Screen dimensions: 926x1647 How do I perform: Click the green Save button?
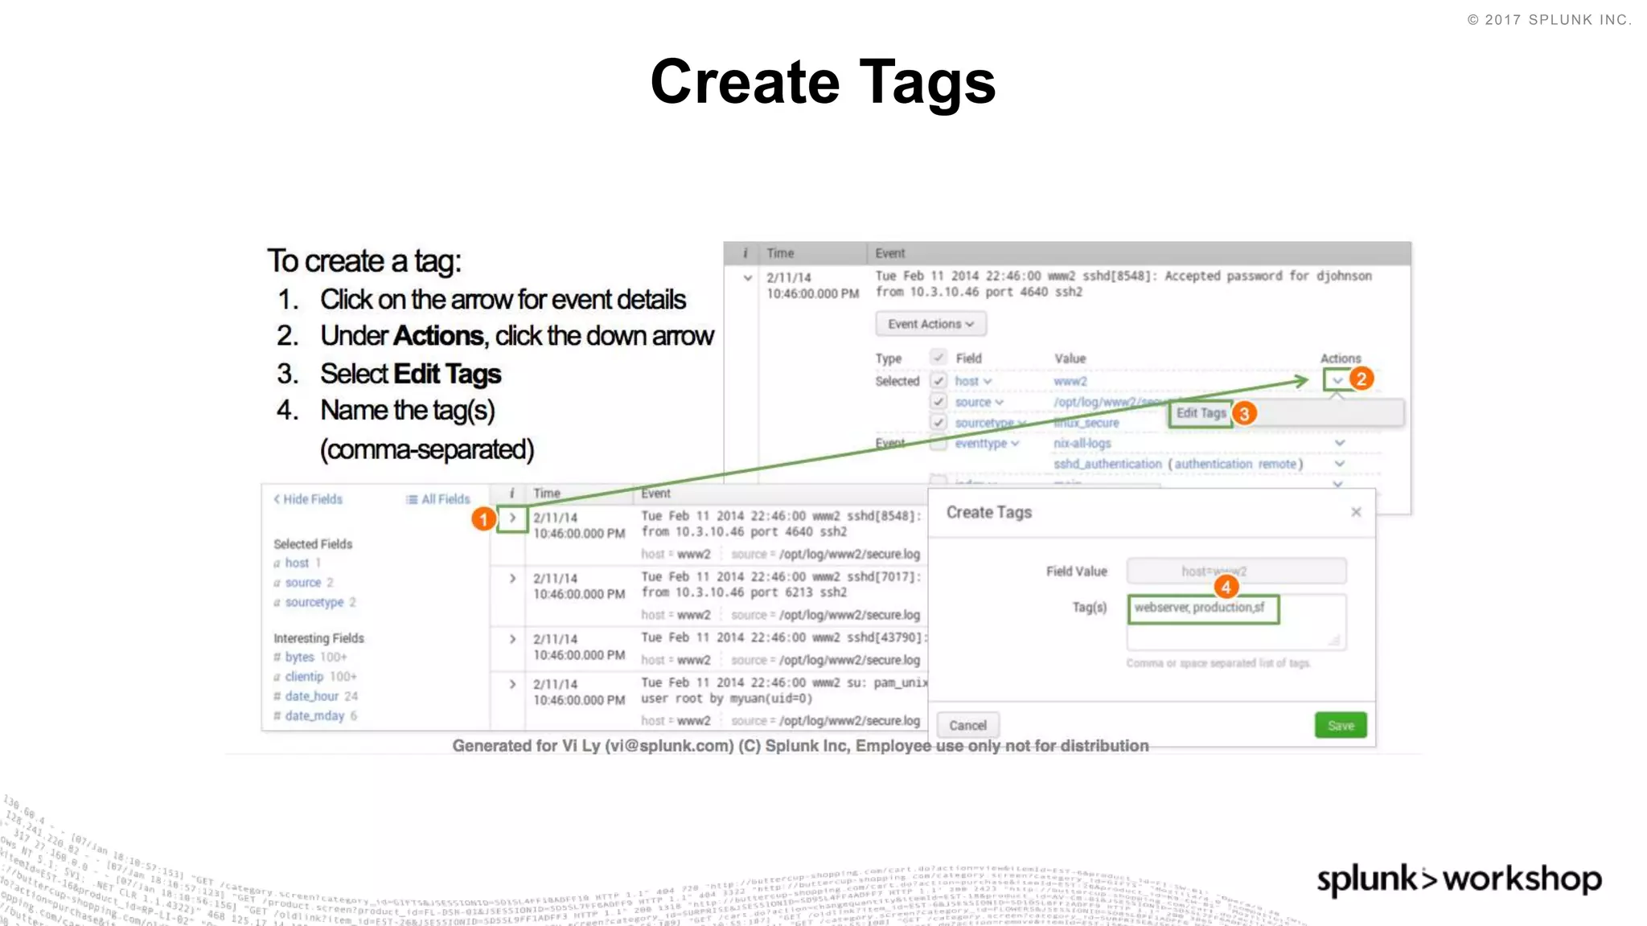1340,725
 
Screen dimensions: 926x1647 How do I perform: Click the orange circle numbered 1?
483,518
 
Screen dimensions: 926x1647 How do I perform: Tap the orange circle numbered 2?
1362,379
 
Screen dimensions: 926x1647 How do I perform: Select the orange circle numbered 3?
1244,413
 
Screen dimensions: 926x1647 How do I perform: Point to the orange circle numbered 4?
1226,587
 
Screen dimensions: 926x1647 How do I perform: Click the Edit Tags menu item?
1201,413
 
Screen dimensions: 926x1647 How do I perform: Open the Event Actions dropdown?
930,324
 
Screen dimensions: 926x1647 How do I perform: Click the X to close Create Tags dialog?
1356,512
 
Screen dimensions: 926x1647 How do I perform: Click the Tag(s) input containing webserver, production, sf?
1202,608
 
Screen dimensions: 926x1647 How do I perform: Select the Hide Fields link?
308,499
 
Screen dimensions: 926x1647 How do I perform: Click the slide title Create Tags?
823,82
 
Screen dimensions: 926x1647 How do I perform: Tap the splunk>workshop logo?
1459,879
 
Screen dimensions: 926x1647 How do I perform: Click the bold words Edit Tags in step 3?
447,374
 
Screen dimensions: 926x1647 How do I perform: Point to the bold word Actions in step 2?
438,336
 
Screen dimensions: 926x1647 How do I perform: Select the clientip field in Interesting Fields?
304,677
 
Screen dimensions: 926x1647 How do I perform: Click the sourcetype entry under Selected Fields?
314,602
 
